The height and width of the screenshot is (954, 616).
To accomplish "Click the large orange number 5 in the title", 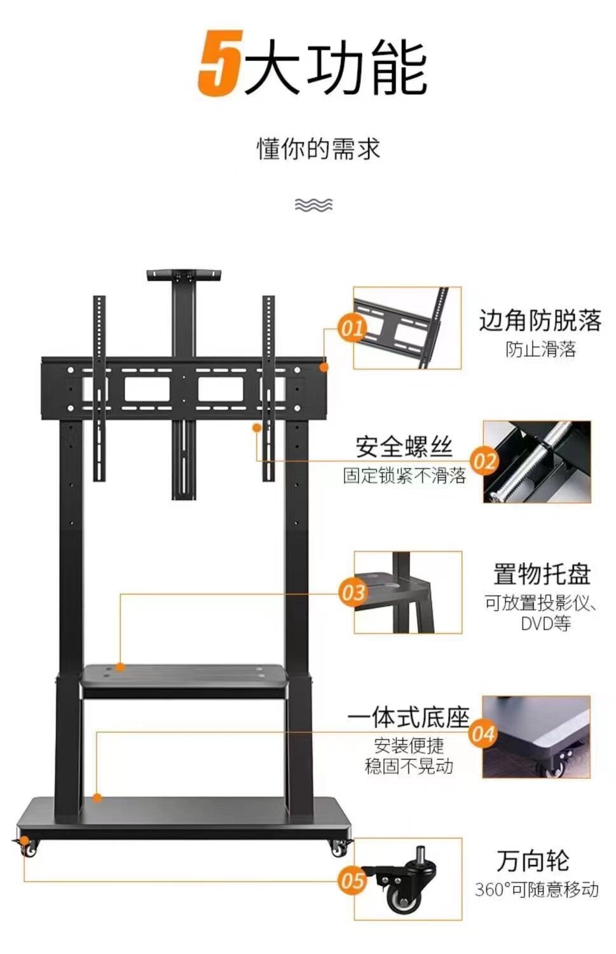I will click(x=219, y=64).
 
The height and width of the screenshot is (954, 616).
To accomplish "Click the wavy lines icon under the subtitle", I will click(x=313, y=204).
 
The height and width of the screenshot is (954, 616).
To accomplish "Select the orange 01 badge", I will click(x=352, y=328).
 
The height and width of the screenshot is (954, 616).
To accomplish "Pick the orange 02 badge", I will click(x=484, y=460).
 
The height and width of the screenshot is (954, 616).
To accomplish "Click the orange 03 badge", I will click(x=353, y=593).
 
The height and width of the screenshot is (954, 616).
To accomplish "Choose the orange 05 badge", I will click(x=352, y=881).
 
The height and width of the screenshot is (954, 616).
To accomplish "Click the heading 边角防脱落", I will click(x=540, y=321).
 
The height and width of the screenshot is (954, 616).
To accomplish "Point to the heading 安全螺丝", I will click(x=404, y=447).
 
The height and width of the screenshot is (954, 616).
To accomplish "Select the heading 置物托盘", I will click(x=542, y=574).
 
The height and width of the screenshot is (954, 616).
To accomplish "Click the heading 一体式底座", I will click(x=408, y=718).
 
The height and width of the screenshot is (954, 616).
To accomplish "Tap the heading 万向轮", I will click(x=533, y=861).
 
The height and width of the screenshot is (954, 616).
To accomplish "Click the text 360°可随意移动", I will click(x=537, y=889).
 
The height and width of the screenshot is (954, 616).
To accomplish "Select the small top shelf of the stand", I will click(x=184, y=275).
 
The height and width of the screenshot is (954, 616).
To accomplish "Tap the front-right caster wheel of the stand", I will click(x=338, y=848).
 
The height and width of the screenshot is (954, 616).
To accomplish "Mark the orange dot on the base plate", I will click(x=97, y=797).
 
